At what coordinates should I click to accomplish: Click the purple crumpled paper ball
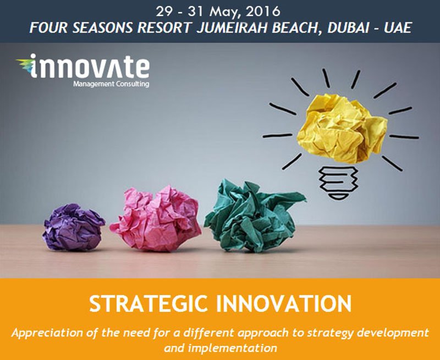[x=74, y=227]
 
